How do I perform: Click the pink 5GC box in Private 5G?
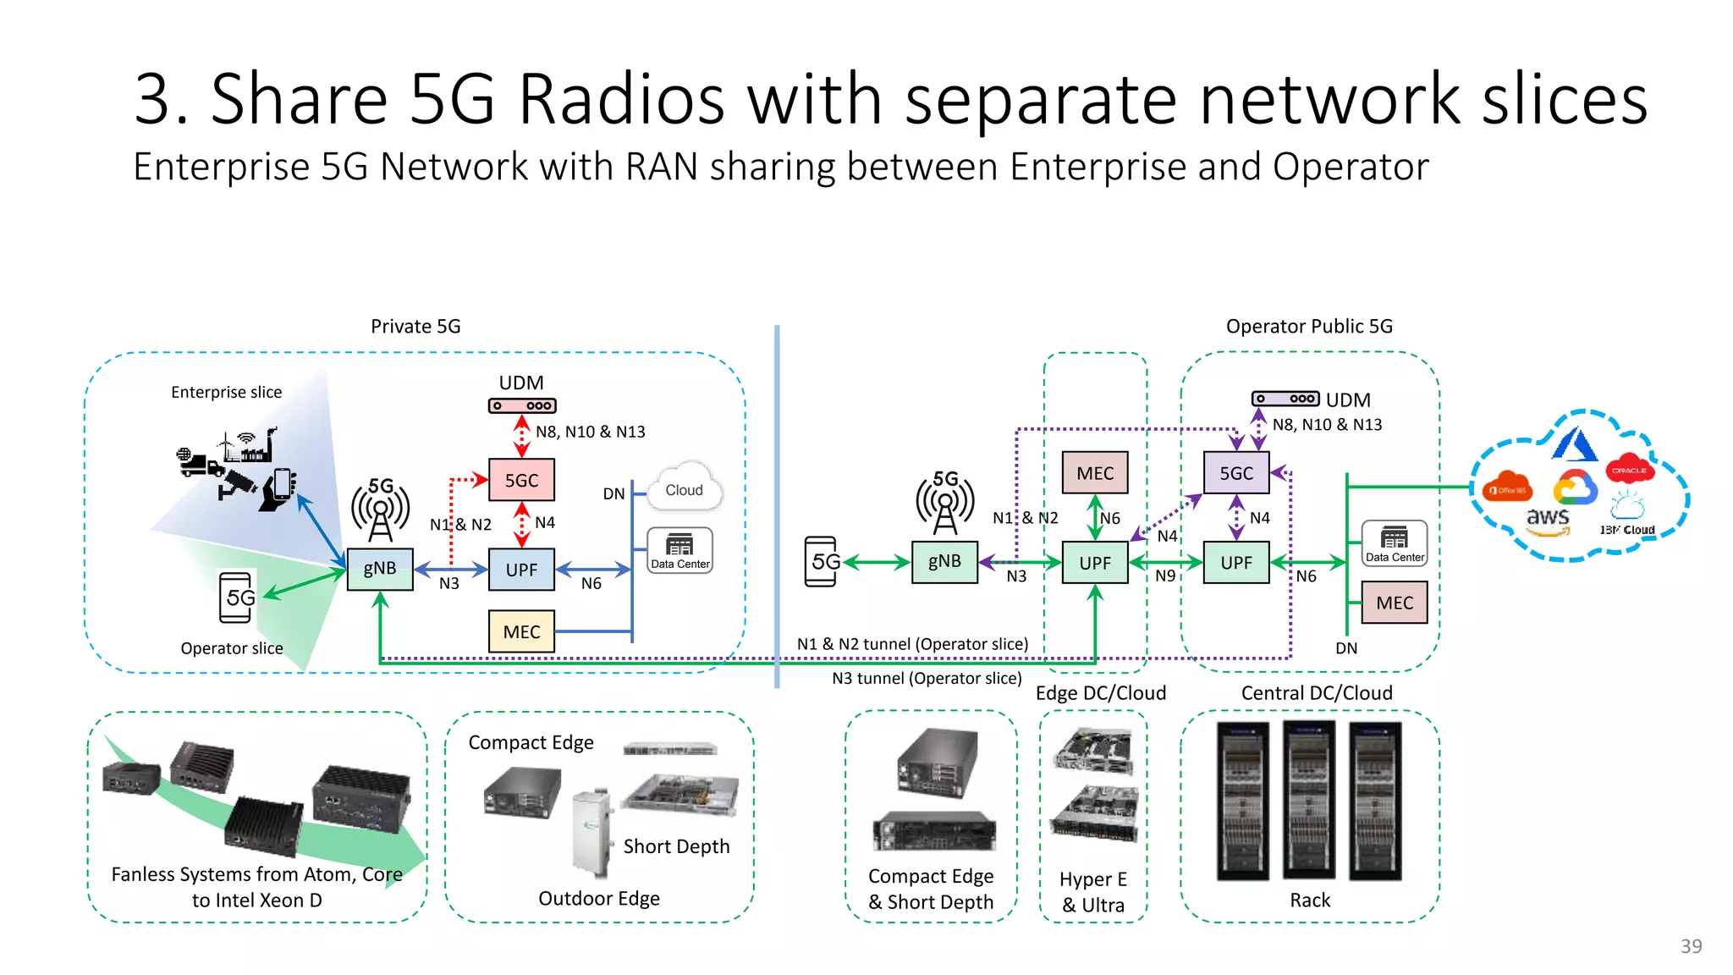(x=521, y=480)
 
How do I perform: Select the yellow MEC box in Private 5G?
(x=521, y=631)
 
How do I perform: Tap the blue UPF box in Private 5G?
(x=521, y=570)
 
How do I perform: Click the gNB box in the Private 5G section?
(x=380, y=568)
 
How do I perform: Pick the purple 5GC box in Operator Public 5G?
(x=1236, y=473)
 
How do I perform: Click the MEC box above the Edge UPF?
(x=1095, y=473)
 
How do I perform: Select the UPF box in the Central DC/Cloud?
(x=1236, y=563)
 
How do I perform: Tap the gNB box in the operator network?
(x=944, y=561)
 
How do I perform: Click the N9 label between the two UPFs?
(x=1165, y=576)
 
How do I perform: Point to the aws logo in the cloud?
(x=1548, y=519)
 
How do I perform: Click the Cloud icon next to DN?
(x=685, y=488)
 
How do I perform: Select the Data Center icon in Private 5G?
(x=679, y=550)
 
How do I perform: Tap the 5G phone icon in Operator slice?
(x=237, y=597)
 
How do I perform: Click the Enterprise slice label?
(x=226, y=392)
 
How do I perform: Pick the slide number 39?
(x=1691, y=946)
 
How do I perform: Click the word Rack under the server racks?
(x=1309, y=901)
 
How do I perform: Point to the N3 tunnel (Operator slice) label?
(x=927, y=679)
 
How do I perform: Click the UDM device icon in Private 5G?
(x=522, y=406)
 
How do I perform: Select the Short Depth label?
(x=676, y=846)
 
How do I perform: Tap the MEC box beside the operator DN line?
(x=1394, y=603)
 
